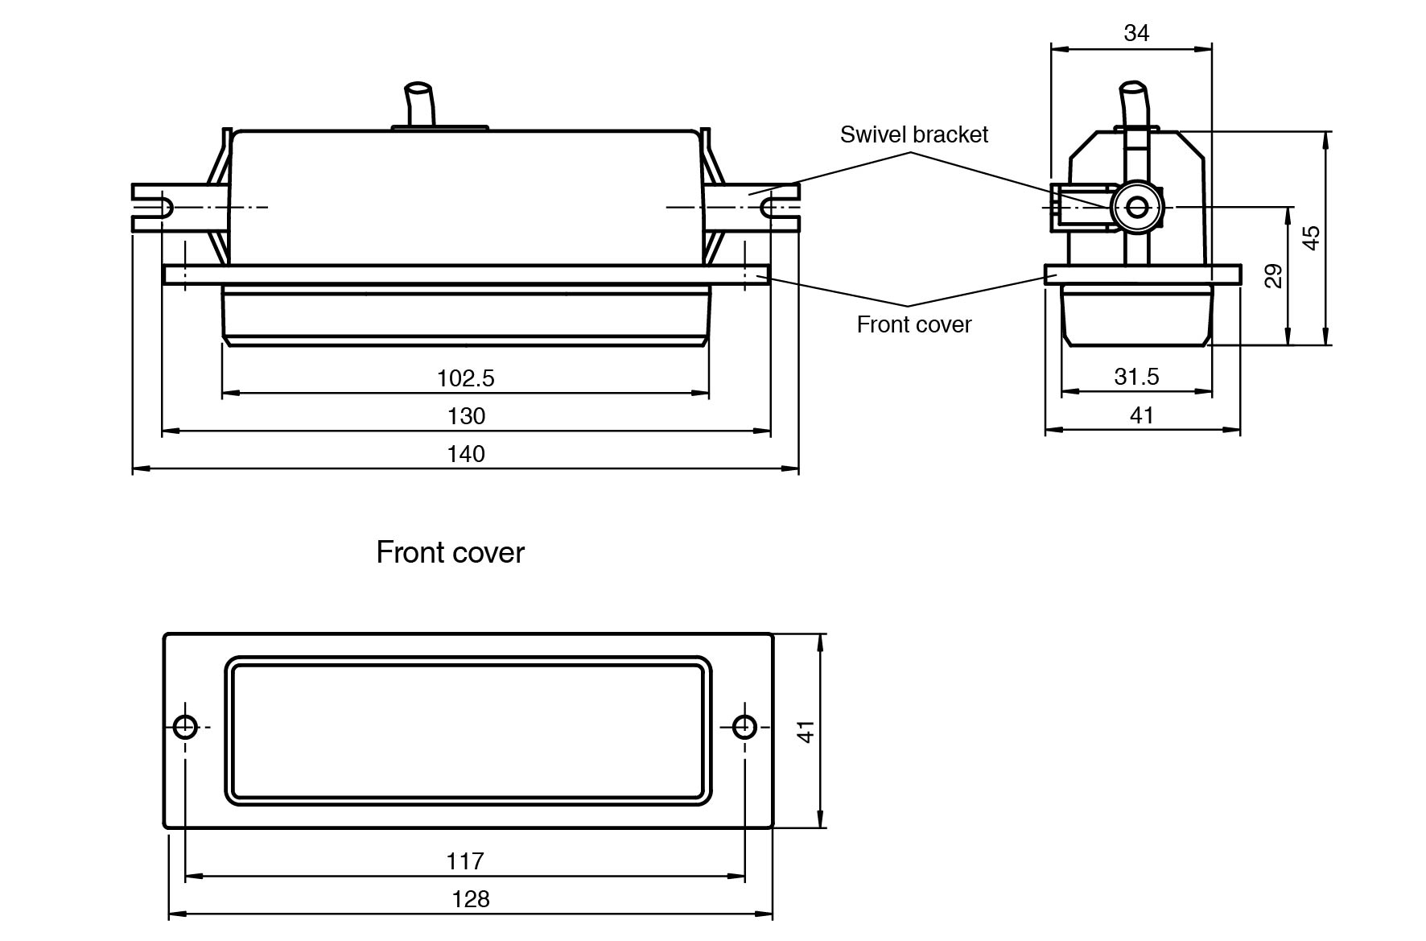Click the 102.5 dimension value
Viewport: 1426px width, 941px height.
[x=465, y=378]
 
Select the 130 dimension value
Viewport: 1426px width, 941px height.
[x=466, y=416]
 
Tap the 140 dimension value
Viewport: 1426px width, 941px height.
[x=466, y=454]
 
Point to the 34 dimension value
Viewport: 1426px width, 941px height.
[x=1136, y=33]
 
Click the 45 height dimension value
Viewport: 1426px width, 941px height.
[x=1311, y=237]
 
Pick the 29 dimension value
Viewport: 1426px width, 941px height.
[x=1273, y=276]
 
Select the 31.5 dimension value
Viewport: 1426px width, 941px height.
[x=1136, y=377]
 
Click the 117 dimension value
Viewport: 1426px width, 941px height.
[x=465, y=861]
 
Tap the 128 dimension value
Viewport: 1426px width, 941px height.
[x=471, y=899]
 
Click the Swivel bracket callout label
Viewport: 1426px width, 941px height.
[x=913, y=134]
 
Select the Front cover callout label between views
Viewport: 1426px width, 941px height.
[x=913, y=324]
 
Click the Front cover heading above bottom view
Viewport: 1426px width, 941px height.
[x=450, y=552]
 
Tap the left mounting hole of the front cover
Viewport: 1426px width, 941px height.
[x=185, y=727]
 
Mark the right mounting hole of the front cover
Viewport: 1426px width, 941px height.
[x=744, y=727]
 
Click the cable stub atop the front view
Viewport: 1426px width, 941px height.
[x=420, y=102]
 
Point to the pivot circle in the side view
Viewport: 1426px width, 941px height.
[x=1136, y=208]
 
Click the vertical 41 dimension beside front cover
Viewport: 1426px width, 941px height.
[x=806, y=731]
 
